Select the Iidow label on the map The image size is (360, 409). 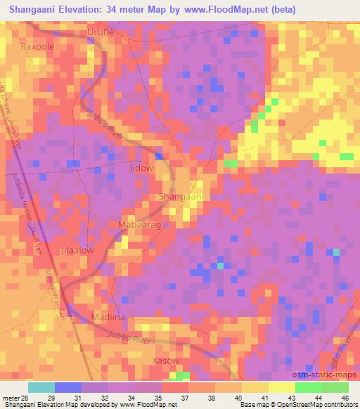[x=141, y=169]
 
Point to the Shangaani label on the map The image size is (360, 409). [x=181, y=197]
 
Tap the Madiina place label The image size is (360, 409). [x=108, y=318]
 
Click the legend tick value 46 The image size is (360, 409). [x=345, y=398]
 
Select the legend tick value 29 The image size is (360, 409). [x=51, y=398]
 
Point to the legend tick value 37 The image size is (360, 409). [x=185, y=398]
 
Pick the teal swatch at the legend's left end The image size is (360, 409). [x=41, y=387]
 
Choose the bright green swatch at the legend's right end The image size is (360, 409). [x=321, y=387]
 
